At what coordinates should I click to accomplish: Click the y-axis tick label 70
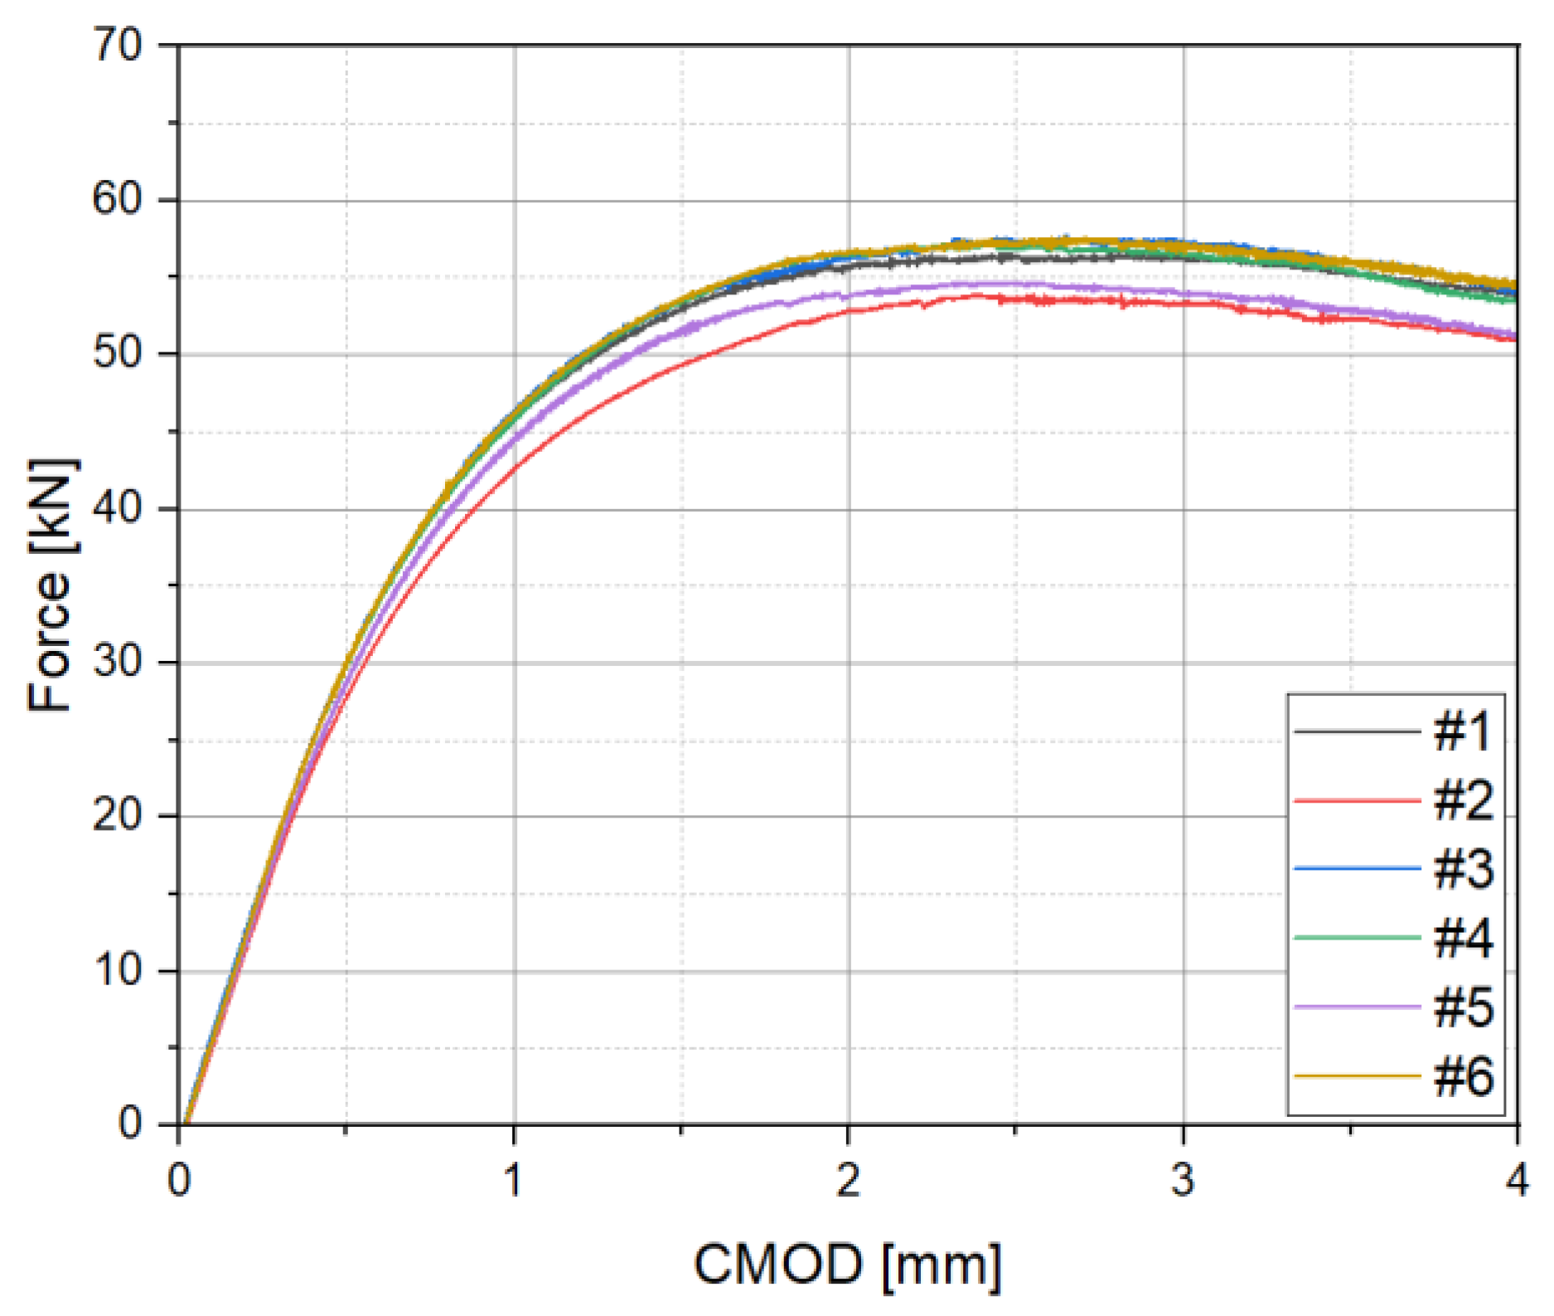coord(117,45)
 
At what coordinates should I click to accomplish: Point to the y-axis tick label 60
coord(117,199)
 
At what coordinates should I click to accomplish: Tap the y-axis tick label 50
coord(117,354)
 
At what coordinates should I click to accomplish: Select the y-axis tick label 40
coord(117,508)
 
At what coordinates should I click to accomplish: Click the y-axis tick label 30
coord(117,663)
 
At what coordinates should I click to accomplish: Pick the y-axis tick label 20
coord(117,816)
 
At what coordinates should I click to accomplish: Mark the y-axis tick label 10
coord(117,970)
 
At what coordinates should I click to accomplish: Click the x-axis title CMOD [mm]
coord(848,1265)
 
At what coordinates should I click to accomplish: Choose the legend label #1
coord(1463,732)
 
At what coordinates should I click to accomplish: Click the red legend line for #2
coord(1358,801)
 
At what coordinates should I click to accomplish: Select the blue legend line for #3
coord(1358,869)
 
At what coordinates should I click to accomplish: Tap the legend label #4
coord(1463,939)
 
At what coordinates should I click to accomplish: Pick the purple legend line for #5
coord(1358,1007)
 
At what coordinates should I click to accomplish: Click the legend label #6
coord(1463,1076)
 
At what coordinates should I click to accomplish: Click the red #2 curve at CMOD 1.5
coord(681,365)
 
